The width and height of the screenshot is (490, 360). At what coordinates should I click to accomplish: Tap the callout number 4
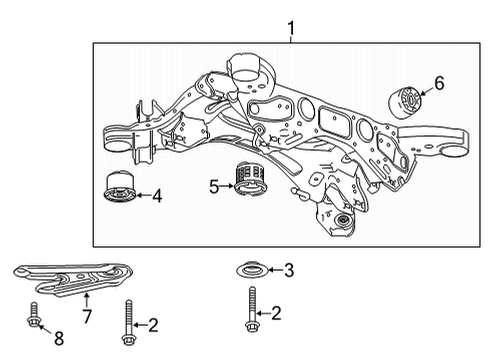155,196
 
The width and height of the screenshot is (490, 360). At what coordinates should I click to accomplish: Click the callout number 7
86,317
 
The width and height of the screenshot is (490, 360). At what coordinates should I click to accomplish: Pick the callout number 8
57,338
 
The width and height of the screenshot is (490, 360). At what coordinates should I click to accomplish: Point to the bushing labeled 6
405,102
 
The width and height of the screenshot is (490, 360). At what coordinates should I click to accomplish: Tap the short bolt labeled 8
33,316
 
